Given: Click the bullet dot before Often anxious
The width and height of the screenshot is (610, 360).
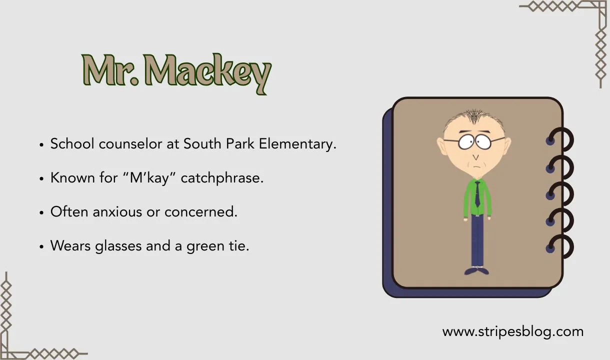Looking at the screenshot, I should [x=42, y=212].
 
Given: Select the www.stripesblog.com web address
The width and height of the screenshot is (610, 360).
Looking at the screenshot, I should [x=512, y=331].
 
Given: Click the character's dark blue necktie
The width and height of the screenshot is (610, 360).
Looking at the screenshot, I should [x=477, y=195].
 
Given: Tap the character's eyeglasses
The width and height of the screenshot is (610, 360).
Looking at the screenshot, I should [x=474, y=140].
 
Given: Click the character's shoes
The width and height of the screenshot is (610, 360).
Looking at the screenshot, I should [x=476, y=270].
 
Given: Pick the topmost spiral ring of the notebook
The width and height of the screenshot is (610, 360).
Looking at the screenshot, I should [x=560, y=140].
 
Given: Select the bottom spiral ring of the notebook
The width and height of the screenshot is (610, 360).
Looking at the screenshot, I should [x=560, y=246].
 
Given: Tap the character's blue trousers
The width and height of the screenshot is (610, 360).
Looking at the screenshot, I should [x=477, y=240].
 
